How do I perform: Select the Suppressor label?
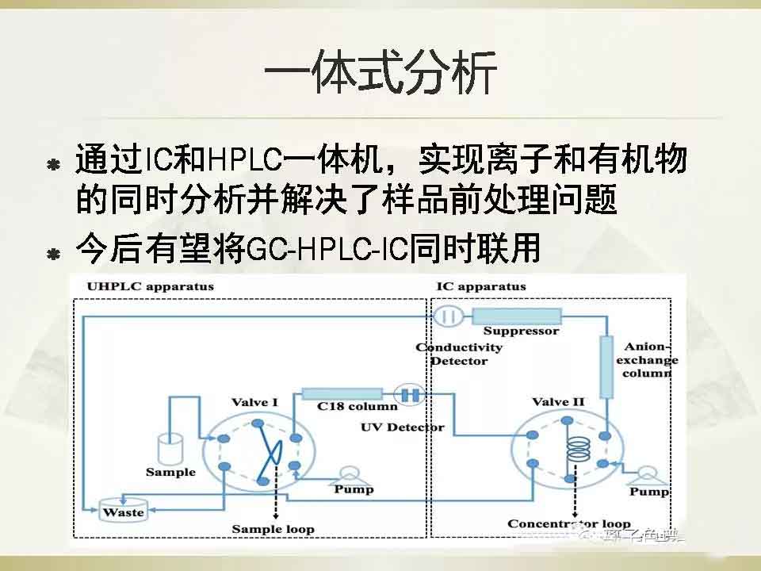[x=521, y=331]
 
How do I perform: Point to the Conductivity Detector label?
[x=459, y=354]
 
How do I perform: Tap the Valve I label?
[x=254, y=402]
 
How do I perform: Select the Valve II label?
[x=558, y=402]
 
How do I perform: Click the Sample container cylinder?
[x=170, y=447]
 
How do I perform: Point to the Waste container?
[x=124, y=512]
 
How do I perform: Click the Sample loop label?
[x=273, y=529]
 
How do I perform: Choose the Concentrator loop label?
[x=569, y=523]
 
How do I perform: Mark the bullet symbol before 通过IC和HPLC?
[x=54, y=166]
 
